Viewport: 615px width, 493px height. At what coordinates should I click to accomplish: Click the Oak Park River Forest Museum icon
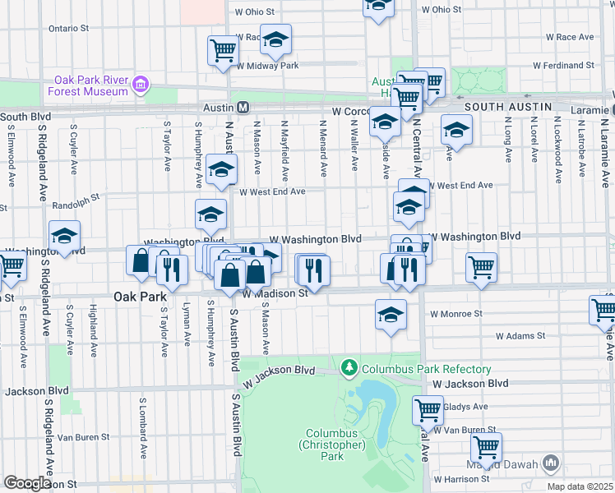(141, 84)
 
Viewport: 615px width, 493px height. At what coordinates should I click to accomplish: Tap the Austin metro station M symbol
(243, 108)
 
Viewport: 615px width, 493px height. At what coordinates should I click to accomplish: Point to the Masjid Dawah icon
(550, 463)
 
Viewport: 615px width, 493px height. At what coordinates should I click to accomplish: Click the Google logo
(27, 483)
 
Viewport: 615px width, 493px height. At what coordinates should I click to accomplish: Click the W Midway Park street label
(266, 65)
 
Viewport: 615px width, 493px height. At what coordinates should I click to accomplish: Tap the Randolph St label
(76, 197)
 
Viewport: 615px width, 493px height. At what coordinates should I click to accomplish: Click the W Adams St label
(521, 336)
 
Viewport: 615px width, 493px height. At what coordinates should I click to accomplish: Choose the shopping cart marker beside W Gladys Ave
(428, 409)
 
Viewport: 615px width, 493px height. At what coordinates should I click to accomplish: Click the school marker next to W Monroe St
(391, 314)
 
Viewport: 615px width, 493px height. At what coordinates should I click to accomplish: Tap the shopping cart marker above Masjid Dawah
(486, 446)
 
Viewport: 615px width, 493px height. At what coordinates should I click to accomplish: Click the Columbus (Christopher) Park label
(335, 445)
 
